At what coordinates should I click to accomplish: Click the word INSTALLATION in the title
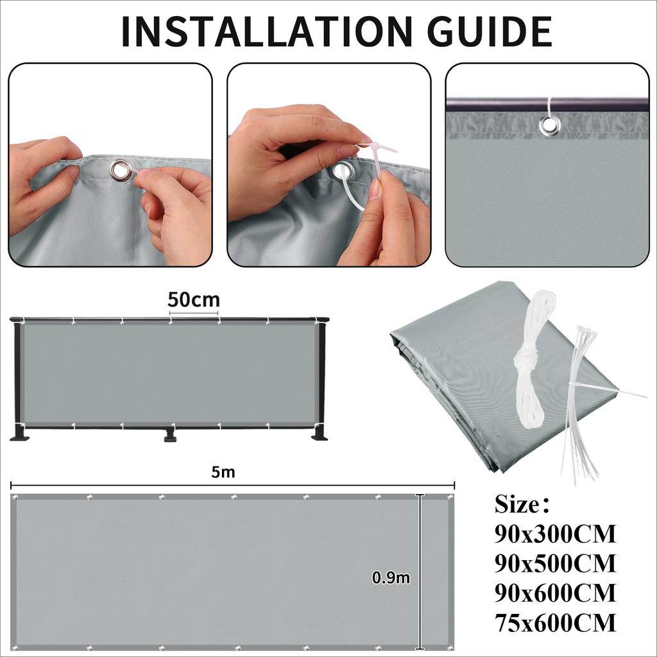pyautogui.click(x=260, y=31)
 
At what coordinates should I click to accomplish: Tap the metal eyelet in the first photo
pyautogui.click(x=120, y=171)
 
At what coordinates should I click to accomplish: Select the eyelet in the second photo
pyautogui.click(x=343, y=171)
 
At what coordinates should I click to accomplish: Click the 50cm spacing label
pyautogui.click(x=193, y=300)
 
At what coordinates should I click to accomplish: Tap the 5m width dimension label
pyautogui.click(x=223, y=472)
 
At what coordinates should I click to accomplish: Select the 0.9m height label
pyautogui.click(x=391, y=577)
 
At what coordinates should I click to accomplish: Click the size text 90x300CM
pyautogui.click(x=555, y=534)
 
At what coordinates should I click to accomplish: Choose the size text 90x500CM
pyautogui.click(x=555, y=563)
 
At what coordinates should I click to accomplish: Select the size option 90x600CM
pyautogui.click(x=555, y=593)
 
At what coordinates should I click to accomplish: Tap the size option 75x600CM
pyautogui.click(x=555, y=622)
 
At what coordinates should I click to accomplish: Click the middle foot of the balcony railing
pyautogui.click(x=170, y=436)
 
